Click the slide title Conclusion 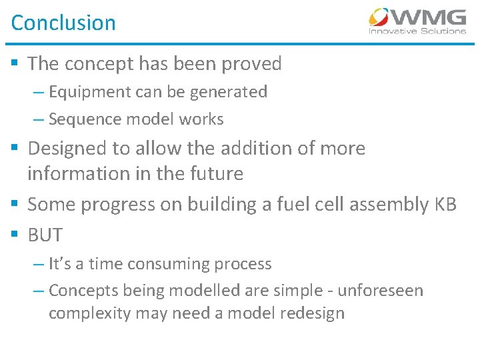coord(63,23)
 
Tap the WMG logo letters coord(429,17)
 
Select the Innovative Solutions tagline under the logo coord(417,31)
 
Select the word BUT coord(45,235)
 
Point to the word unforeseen coord(379,291)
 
